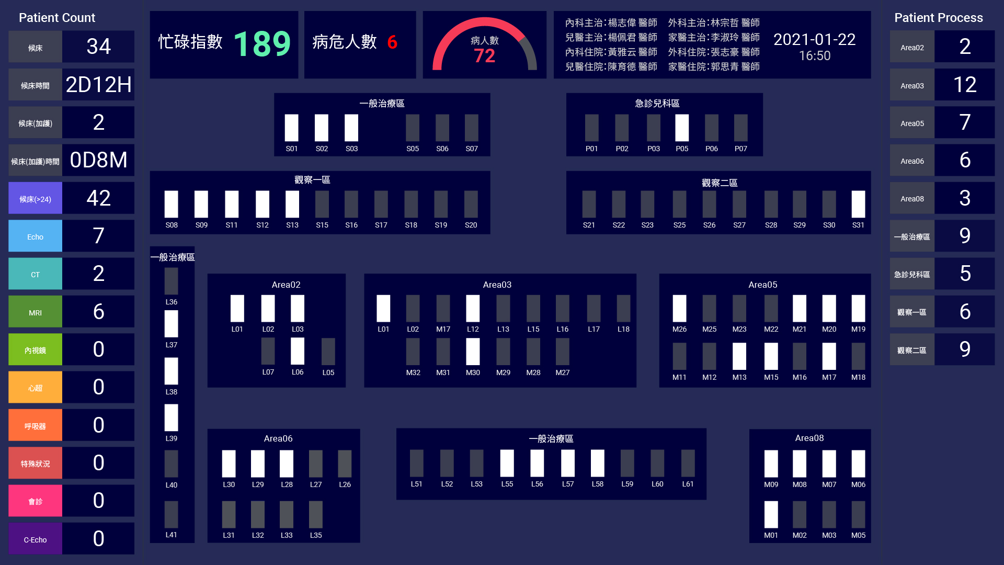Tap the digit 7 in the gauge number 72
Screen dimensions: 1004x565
[479, 56]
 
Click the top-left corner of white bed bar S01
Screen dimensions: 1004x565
[285, 115]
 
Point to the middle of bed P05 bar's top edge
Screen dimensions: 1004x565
[682, 115]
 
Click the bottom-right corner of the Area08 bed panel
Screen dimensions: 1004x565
[871, 543]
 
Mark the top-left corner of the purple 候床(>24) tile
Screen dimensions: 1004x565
[9, 182]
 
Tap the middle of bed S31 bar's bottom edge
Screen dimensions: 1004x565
[858, 218]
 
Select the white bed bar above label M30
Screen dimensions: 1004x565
[473, 352]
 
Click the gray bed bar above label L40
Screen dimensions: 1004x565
[172, 464]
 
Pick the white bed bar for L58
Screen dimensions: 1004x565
[598, 464]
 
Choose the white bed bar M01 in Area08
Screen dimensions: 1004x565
[771, 515]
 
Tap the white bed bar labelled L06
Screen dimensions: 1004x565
[298, 351]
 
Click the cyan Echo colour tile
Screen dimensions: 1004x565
[36, 236]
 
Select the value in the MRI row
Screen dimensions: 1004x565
[98, 312]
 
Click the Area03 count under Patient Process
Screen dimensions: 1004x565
[965, 85]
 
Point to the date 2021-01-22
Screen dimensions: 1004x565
[814, 39]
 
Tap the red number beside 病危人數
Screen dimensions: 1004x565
[392, 42]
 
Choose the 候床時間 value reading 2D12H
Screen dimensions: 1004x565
[98, 85]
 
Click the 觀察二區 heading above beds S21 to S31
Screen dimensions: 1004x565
[720, 183]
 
